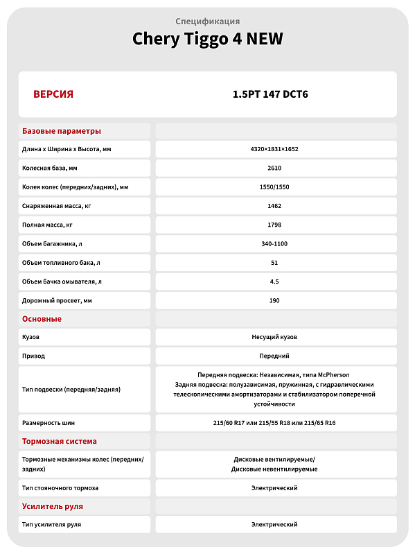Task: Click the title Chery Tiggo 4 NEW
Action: click(207, 39)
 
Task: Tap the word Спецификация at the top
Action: click(207, 21)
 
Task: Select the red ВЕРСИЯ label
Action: click(53, 94)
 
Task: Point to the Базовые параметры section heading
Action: click(62, 131)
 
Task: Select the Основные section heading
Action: click(42, 319)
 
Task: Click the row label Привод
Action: click(34, 356)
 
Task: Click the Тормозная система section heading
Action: click(60, 441)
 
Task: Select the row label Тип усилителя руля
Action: click(52, 524)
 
